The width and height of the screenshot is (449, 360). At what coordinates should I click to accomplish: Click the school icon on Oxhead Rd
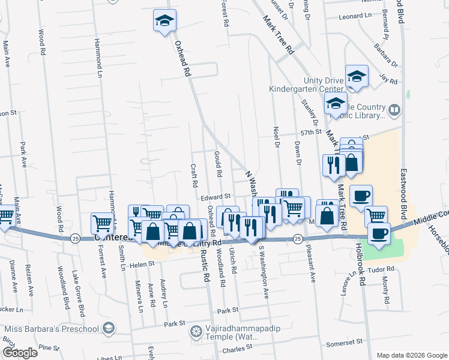click(164, 21)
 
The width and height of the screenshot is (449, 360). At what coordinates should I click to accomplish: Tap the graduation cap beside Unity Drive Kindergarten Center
click(357, 76)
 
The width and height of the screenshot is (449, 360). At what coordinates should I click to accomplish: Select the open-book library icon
click(394, 109)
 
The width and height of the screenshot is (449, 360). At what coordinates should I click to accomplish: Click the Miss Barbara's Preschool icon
click(107, 328)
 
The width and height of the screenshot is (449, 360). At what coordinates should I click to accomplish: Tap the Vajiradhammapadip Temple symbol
click(196, 331)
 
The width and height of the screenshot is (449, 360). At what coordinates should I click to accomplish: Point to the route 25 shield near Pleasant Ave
click(298, 239)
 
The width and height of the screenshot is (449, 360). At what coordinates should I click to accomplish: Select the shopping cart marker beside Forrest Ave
click(102, 223)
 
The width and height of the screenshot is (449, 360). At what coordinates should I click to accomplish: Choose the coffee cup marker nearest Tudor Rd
click(379, 233)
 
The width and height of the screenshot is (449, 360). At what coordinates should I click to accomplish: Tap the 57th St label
click(312, 131)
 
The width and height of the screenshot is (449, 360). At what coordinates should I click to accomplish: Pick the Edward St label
click(216, 197)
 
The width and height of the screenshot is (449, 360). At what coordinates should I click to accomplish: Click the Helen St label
click(134, 264)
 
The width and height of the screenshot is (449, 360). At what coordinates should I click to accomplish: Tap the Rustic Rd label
click(205, 267)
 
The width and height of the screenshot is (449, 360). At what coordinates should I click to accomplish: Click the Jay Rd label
click(389, 78)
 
